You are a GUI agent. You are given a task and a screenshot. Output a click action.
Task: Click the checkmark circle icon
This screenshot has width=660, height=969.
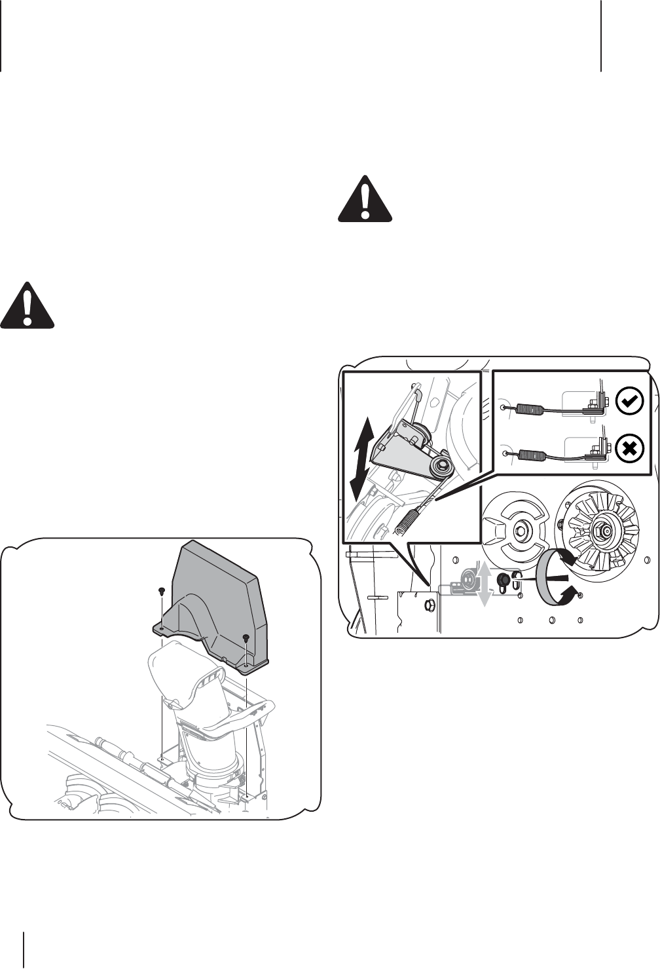(630, 402)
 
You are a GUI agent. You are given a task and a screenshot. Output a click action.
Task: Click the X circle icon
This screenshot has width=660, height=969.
(630, 449)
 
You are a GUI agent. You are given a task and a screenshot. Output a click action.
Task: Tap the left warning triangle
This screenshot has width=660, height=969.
(27, 306)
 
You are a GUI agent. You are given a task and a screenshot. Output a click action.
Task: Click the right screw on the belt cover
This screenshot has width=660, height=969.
(246, 638)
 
